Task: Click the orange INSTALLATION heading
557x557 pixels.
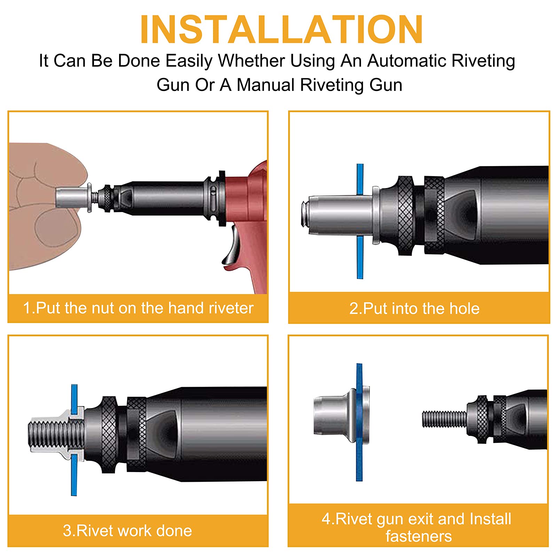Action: point(281,30)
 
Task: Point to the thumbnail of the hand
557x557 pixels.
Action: point(56,228)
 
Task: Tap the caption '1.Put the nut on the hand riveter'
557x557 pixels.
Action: point(138,308)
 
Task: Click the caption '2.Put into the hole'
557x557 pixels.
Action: point(414,308)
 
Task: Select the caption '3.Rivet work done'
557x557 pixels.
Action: point(127,531)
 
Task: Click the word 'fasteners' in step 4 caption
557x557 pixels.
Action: point(418,536)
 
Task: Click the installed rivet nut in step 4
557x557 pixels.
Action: point(341,416)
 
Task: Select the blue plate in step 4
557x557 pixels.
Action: point(359,422)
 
